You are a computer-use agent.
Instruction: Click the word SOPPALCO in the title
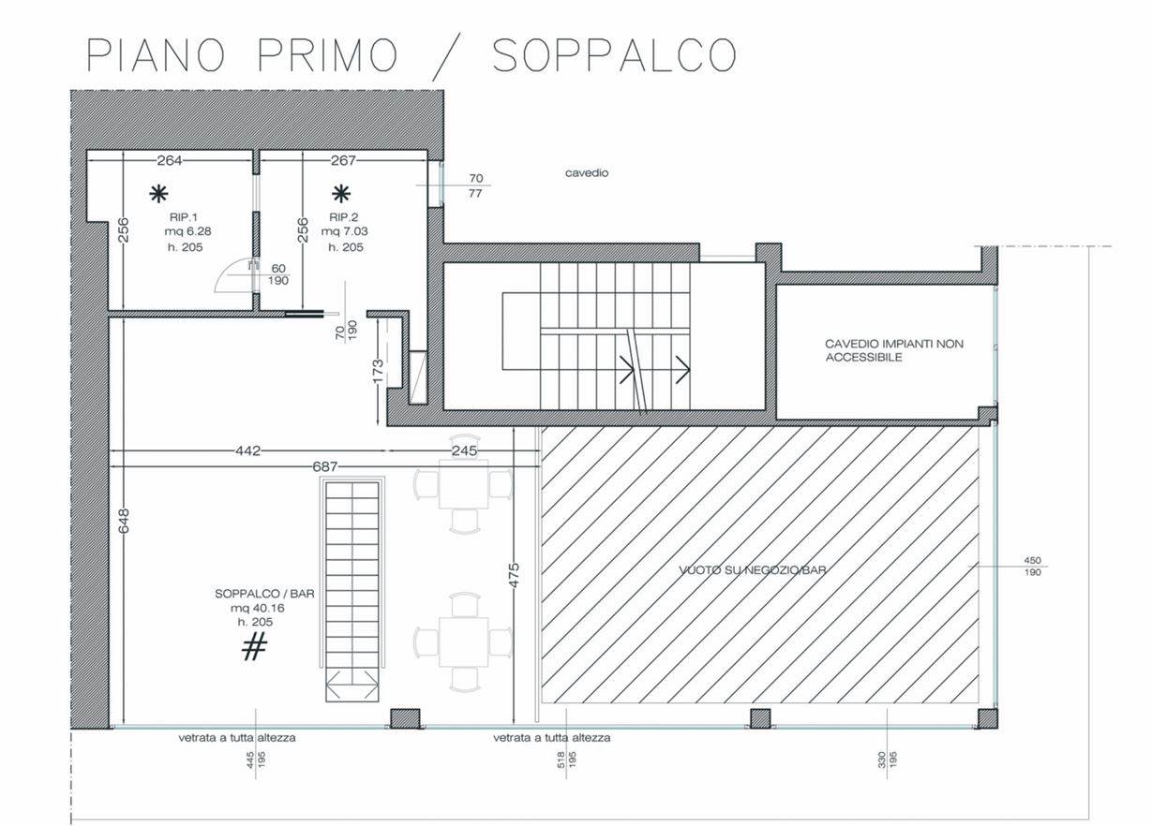coord(615,54)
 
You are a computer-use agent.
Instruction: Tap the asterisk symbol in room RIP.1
coord(158,194)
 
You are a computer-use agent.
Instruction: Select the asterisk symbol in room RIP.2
coord(341,194)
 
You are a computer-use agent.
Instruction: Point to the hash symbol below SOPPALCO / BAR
coord(254,646)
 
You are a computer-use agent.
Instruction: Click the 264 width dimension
coord(170,160)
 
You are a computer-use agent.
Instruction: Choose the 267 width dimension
coord(343,160)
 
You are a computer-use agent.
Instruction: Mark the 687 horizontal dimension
coord(325,466)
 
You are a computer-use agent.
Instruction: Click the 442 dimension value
coord(247,451)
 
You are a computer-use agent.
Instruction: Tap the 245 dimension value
coord(464,451)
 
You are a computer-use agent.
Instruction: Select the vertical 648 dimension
coord(124,521)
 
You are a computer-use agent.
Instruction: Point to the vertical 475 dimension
coord(514,575)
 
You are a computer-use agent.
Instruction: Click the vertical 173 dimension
coord(378,372)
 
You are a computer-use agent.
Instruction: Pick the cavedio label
coord(586,173)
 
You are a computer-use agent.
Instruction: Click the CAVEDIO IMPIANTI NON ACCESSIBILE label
coord(894,350)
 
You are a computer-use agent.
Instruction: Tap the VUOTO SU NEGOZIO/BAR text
coord(753,570)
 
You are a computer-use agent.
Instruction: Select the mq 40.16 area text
coord(257,608)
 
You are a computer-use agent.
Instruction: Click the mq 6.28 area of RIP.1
coord(187,231)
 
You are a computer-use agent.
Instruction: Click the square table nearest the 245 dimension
coord(463,484)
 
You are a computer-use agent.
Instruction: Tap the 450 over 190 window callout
coord(1032,566)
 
